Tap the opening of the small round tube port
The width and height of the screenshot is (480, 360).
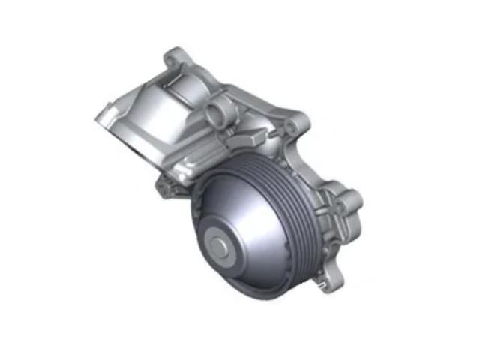coord(216,114)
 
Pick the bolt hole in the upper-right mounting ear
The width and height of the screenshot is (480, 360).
coord(295,124)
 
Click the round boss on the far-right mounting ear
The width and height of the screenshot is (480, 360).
coord(349,201)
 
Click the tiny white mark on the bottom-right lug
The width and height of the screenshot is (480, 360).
coord(319,285)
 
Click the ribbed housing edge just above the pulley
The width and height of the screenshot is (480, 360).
coord(225,154)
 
